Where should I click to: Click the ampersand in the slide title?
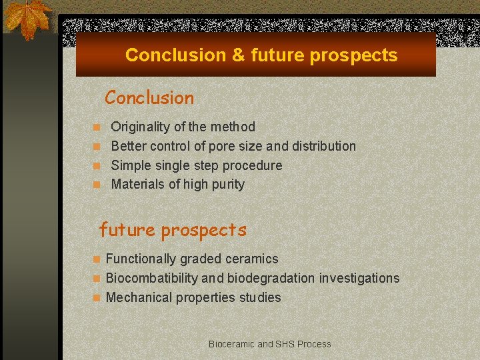[238, 55]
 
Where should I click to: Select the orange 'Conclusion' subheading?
[149, 98]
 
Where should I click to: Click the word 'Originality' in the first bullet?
[139, 127]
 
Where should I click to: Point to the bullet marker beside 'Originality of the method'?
[97, 127]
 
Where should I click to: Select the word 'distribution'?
[323, 146]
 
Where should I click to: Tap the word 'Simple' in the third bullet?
[130, 165]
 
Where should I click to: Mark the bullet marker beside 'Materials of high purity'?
[97, 185]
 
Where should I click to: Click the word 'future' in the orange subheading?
[127, 231]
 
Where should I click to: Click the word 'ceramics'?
[253, 259]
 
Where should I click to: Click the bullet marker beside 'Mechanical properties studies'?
[97, 298]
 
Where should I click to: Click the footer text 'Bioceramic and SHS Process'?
[269, 344]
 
